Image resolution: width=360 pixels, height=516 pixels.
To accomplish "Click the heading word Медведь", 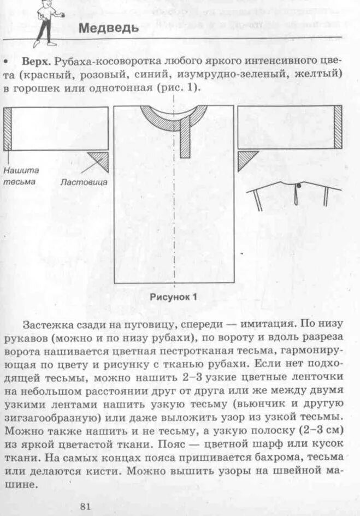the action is click(109, 28).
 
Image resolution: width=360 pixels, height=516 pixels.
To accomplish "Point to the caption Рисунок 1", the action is click(173, 298).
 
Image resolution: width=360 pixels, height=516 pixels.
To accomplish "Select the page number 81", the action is click(85, 506).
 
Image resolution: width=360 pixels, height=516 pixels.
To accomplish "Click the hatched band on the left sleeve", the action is click(8, 129).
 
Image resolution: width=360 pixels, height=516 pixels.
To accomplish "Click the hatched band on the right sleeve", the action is click(338, 127).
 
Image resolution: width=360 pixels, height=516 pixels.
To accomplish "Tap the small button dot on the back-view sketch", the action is click(298, 187).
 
